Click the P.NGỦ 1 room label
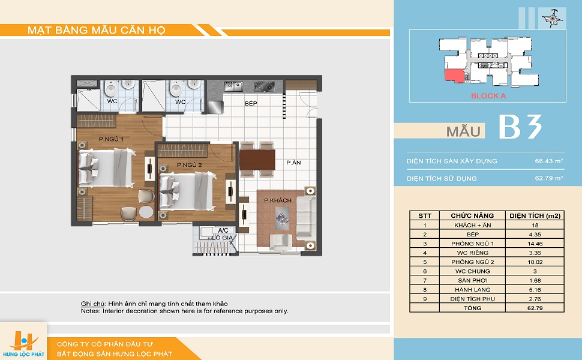click(111, 139)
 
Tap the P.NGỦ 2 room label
click(189, 165)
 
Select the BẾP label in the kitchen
click(251, 104)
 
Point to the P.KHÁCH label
click(278, 200)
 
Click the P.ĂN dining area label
click(293, 163)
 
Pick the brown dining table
click(257, 160)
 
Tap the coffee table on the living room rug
click(283, 218)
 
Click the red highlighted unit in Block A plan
click(455, 76)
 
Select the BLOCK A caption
click(488, 96)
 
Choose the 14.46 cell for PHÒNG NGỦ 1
click(535, 244)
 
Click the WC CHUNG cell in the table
click(473, 271)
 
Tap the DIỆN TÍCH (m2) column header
click(535, 215)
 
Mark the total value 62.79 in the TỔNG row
click(535, 308)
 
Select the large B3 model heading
click(520, 127)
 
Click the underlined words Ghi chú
click(92, 304)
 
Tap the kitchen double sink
click(233, 86)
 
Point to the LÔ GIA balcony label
click(223, 238)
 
